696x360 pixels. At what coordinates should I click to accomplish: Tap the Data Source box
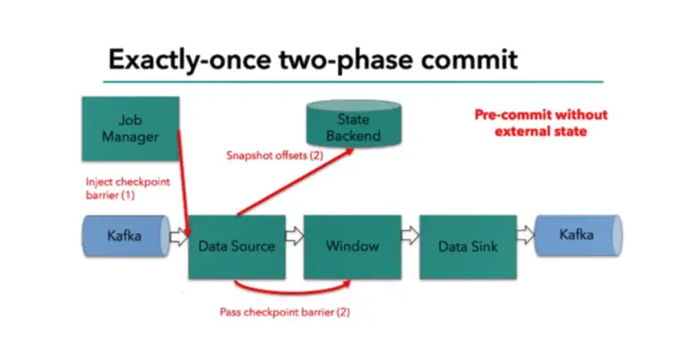[236, 246]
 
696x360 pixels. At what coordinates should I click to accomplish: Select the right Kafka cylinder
[576, 236]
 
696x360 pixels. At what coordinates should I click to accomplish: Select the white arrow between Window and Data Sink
[409, 237]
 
